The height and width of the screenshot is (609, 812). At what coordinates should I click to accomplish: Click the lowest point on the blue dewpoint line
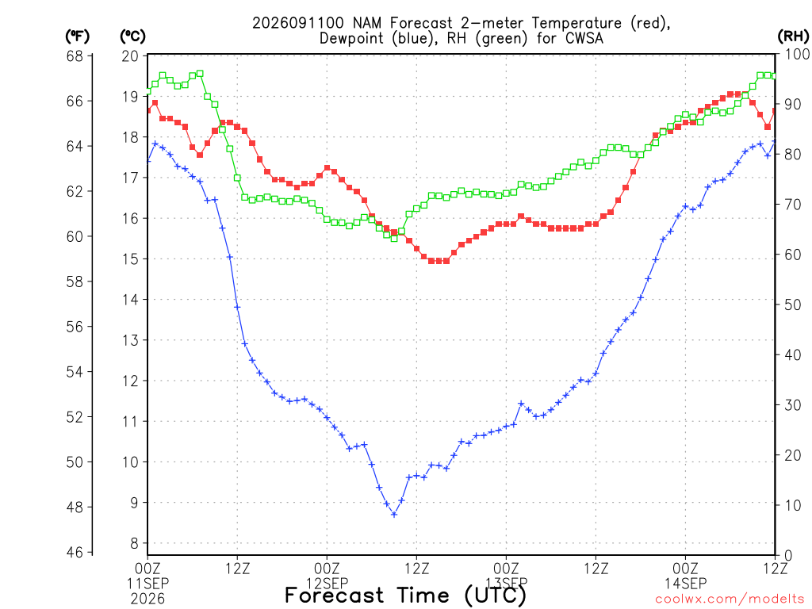point(394,514)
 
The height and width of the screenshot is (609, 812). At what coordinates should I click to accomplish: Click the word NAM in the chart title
point(366,23)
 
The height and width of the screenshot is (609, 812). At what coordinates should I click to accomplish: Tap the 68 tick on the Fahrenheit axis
point(75,56)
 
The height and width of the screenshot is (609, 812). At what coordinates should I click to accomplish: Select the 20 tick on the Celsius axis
point(130,56)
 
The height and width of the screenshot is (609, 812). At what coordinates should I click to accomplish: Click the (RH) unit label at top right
point(793,36)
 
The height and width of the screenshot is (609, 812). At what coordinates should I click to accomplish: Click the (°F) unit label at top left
point(77,36)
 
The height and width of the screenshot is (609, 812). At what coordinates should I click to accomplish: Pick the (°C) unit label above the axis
point(132,36)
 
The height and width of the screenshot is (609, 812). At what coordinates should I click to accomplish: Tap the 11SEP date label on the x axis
point(148,584)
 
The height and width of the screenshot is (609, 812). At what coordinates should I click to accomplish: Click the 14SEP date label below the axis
point(686,584)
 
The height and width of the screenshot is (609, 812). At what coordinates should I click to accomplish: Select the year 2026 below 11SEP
point(148,599)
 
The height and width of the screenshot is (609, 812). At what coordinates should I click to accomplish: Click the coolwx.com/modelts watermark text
point(730,599)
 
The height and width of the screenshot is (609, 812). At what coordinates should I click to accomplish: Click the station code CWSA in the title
point(584,38)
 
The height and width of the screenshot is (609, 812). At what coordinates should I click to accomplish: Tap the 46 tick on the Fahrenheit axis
point(75,553)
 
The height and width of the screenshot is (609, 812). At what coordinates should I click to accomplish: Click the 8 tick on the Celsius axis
point(135,543)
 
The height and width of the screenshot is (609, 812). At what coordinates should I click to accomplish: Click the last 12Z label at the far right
point(775,569)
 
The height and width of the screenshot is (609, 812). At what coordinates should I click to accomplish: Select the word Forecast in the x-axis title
point(335,596)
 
